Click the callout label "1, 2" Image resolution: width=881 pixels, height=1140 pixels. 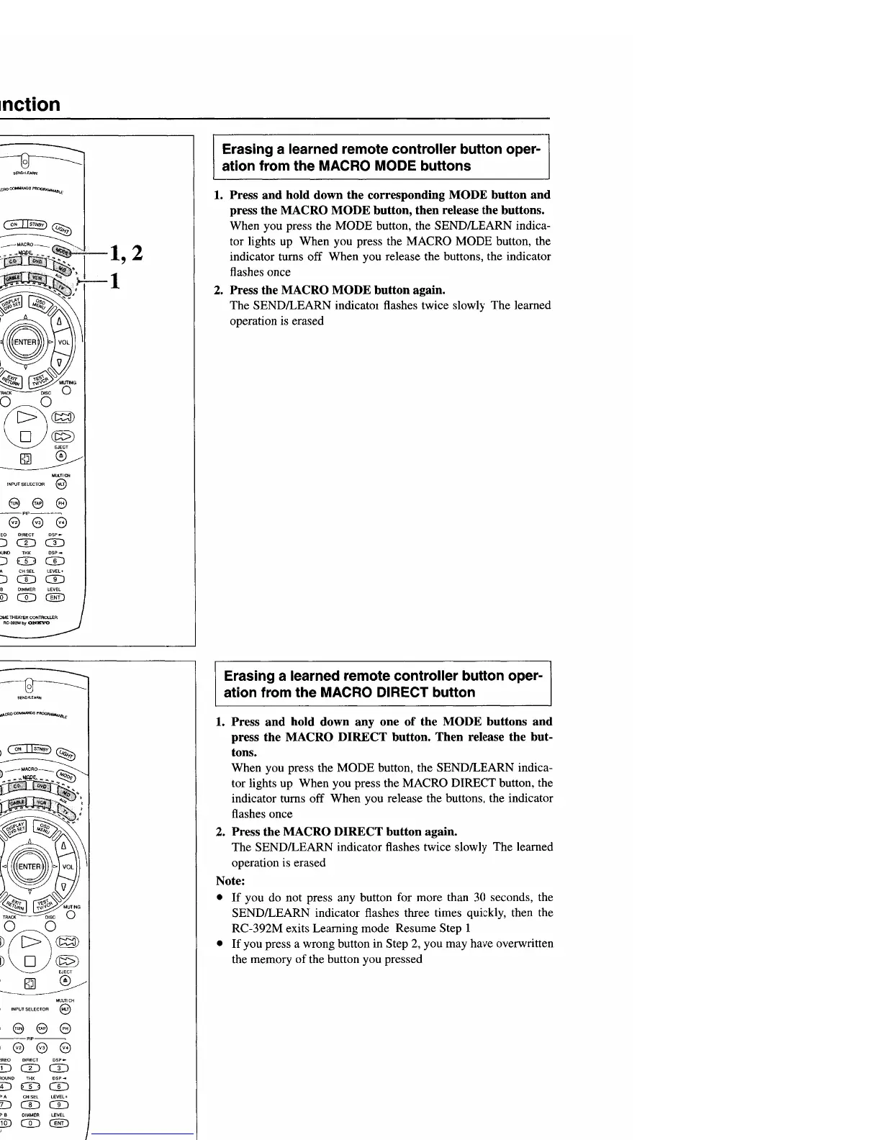click(x=124, y=253)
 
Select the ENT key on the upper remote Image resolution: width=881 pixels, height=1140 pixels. click(x=55, y=597)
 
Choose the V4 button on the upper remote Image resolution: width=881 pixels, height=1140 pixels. click(x=61, y=522)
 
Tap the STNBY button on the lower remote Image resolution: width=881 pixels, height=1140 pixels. click(x=41, y=749)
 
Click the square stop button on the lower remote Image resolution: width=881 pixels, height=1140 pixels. click(x=30, y=962)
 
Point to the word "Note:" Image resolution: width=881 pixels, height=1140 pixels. click(x=230, y=881)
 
